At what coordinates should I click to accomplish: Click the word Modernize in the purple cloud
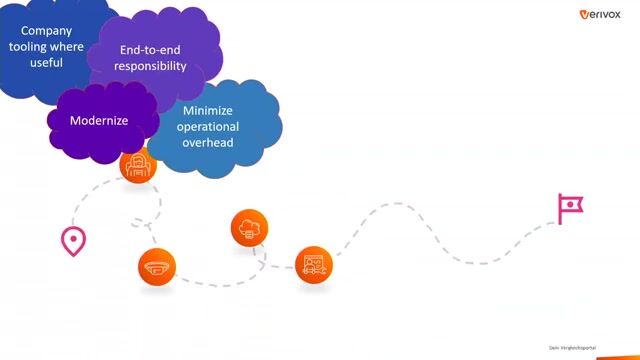[x=99, y=121]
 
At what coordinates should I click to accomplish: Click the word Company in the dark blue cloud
[x=47, y=30]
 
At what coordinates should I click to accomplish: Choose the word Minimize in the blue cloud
[x=208, y=111]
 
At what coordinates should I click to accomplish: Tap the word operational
[x=208, y=127]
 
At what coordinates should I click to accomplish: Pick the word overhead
[x=208, y=143]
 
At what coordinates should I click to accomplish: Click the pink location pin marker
[x=73, y=240]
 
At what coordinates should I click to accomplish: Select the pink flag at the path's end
[x=570, y=207]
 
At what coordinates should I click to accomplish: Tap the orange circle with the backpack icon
[x=138, y=164]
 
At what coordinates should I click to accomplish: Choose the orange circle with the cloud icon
[x=249, y=227]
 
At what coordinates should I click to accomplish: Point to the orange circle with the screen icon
[x=313, y=264]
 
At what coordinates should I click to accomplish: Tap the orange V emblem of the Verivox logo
[x=585, y=14]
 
